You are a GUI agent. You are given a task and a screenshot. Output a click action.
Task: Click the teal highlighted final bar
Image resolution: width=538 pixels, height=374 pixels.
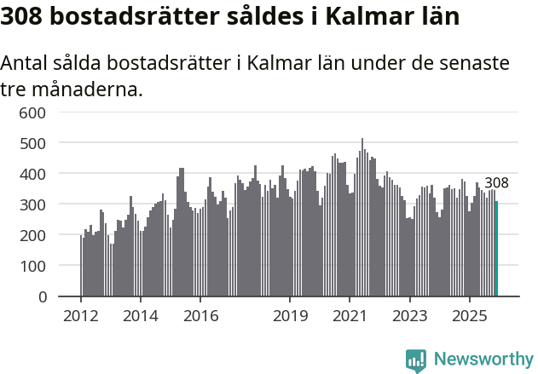(496, 249)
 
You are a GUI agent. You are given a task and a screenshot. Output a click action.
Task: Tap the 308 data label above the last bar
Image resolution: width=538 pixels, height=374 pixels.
(496, 183)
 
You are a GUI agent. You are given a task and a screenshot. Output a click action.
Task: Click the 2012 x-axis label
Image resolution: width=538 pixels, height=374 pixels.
(81, 316)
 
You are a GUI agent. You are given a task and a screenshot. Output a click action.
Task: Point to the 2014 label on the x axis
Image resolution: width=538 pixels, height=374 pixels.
(141, 316)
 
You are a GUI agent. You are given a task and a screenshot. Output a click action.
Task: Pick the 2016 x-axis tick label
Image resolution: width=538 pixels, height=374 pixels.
(200, 316)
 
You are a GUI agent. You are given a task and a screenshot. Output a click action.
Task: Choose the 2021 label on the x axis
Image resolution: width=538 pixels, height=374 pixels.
(350, 316)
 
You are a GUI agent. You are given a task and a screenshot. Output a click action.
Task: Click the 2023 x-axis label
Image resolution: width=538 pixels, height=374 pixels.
(410, 316)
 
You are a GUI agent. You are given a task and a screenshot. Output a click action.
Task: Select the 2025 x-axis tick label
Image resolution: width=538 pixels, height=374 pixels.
(470, 316)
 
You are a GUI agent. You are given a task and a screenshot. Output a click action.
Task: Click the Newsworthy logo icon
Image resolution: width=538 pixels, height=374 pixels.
(416, 360)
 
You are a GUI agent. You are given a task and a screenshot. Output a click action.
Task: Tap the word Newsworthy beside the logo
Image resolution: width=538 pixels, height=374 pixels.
(483, 360)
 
